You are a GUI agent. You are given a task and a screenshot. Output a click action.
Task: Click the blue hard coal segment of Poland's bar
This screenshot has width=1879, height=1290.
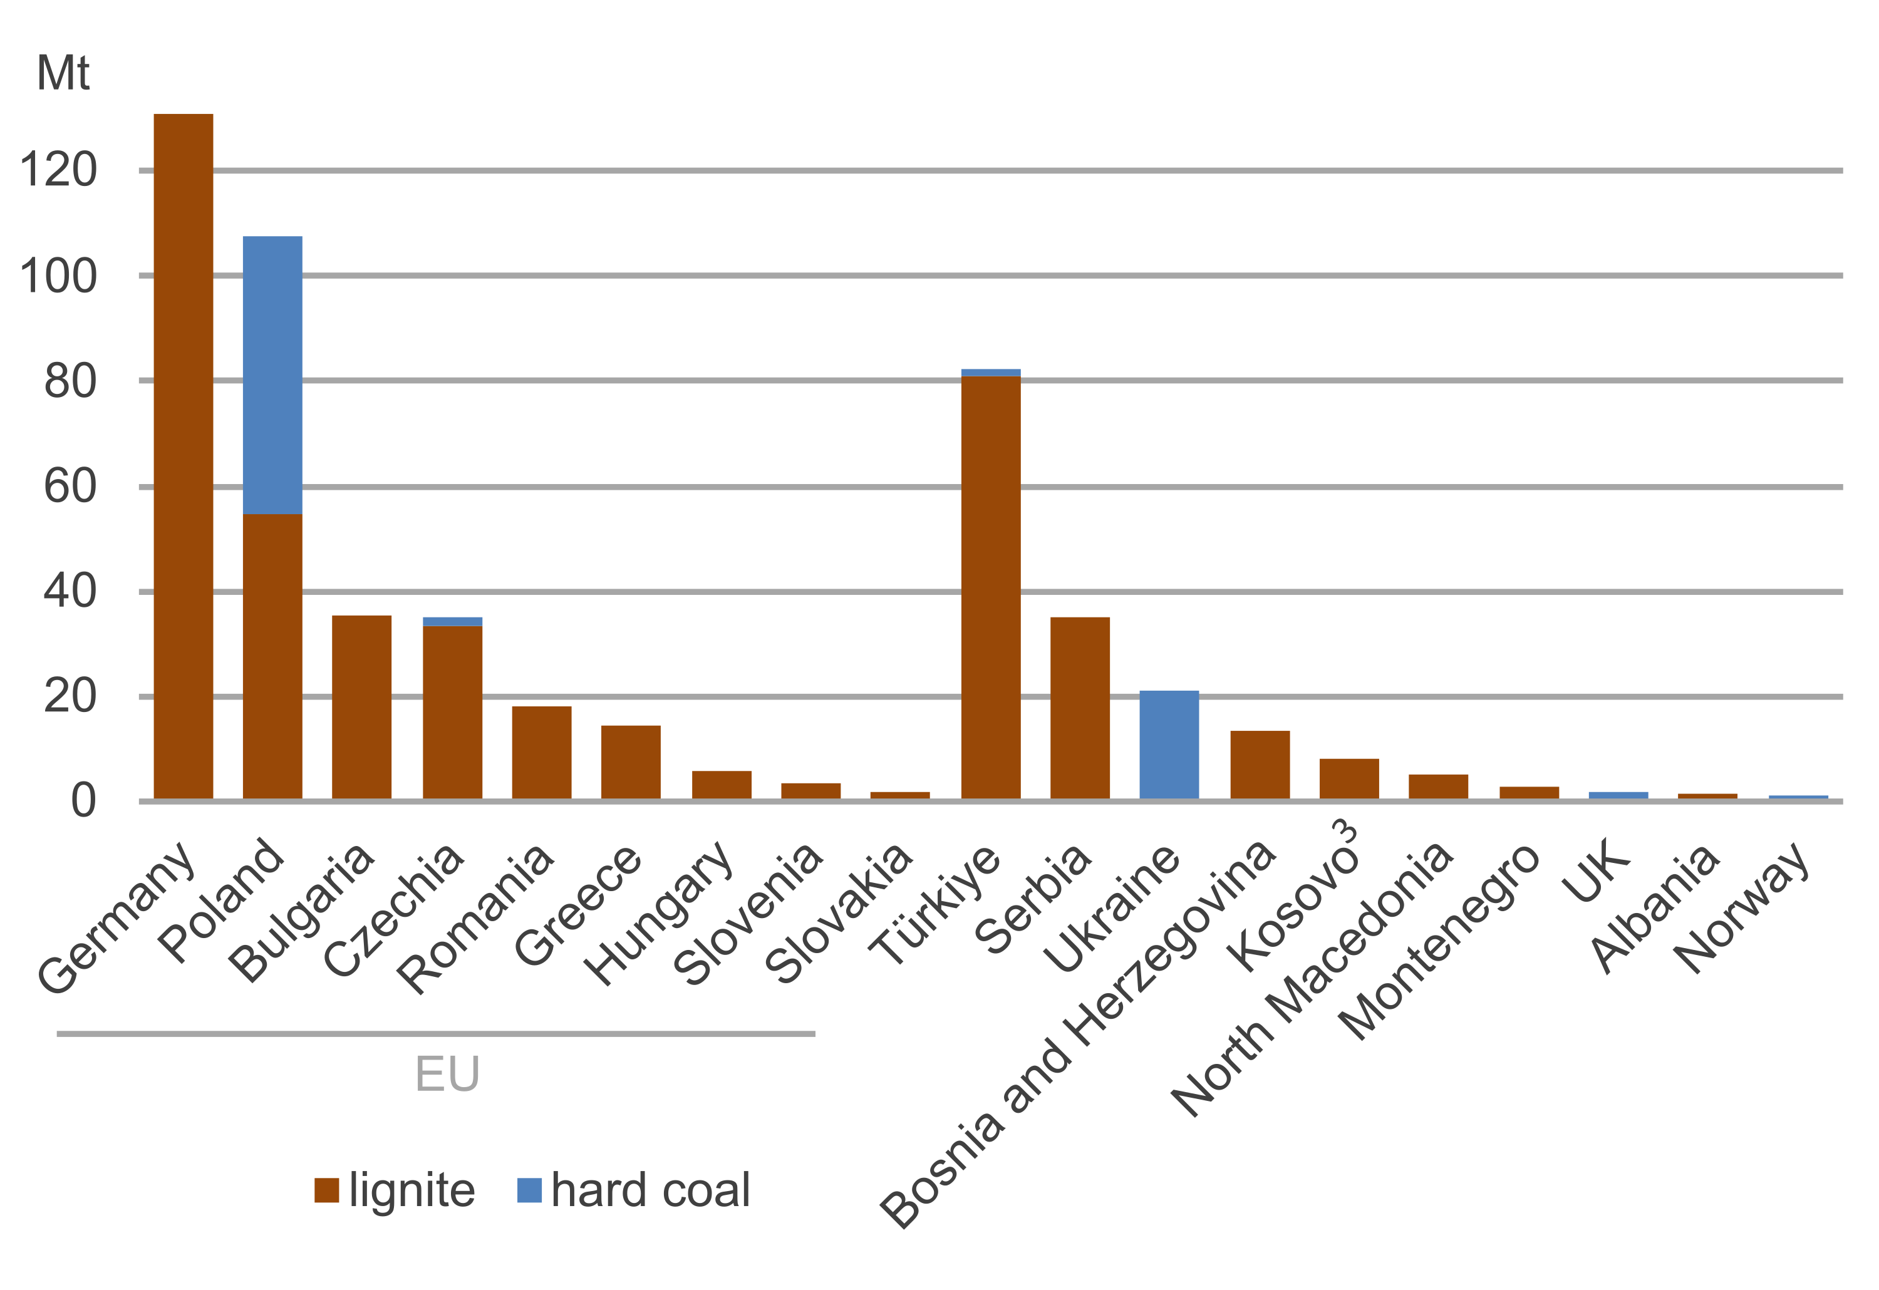click(x=272, y=375)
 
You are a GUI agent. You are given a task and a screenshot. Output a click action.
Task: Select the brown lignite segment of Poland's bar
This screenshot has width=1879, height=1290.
click(x=272, y=656)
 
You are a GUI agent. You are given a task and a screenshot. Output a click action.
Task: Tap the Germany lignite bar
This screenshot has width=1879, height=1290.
click(x=184, y=457)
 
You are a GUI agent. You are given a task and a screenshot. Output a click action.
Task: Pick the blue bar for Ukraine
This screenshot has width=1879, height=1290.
click(x=1169, y=745)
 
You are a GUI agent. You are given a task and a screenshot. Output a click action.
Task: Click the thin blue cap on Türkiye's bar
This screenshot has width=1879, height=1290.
click(x=990, y=373)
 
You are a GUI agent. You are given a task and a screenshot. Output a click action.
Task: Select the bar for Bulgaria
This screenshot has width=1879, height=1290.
click(x=362, y=707)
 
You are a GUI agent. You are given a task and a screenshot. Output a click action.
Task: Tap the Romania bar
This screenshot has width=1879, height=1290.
click(x=542, y=753)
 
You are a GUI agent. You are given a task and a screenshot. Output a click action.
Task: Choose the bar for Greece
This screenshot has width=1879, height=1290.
click(x=631, y=762)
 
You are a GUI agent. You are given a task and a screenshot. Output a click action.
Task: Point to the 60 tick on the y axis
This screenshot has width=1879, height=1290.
click(x=70, y=487)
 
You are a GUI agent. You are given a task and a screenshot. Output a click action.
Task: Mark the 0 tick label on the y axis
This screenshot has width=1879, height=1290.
click(x=83, y=802)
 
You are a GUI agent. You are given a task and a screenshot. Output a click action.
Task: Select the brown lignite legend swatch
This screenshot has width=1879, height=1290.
click(x=327, y=1190)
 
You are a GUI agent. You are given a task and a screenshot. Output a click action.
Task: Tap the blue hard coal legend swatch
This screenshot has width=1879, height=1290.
click(x=530, y=1190)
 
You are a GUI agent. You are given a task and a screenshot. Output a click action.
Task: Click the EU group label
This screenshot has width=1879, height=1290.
click(x=447, y=1074)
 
